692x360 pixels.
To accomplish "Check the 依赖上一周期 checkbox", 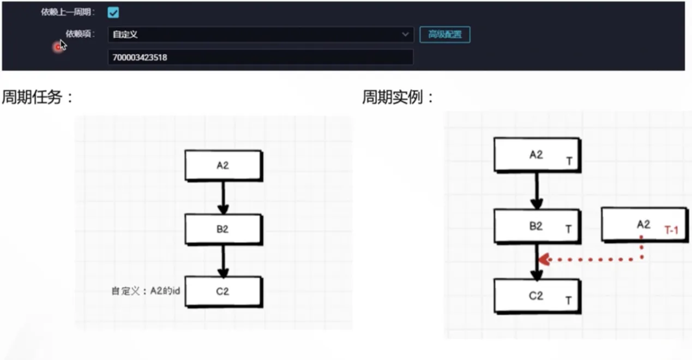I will click(x=113, y=13).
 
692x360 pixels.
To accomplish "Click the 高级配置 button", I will click(x=444, y=34).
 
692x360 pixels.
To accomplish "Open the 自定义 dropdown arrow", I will click(x=405, y=34).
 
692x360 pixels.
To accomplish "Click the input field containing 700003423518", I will click(x=260, y=57).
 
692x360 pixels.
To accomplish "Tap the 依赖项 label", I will click(x=80, y=34).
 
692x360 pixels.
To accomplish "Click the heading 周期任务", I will click(x=37, y=98).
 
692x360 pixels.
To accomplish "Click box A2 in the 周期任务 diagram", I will click(x=223, y=166).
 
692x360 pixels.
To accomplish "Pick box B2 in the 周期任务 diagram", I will click(x=223, y=229).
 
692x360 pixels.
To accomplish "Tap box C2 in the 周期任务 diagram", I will click(x=223, y=291).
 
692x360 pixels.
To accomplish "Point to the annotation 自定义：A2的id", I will click(x=146, y=291).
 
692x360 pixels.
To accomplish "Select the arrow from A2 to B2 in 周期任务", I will click(x=223, y=197).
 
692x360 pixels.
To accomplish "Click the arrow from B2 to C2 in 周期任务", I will click(x=223, y=260).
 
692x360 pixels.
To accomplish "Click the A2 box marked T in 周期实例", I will click(x=537, y=155).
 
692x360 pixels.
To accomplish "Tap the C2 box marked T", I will click(x=537, y=296).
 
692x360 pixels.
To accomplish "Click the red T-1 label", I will click(x=671, y=231).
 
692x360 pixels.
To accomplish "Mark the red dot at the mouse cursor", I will click(x=57, y=47).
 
